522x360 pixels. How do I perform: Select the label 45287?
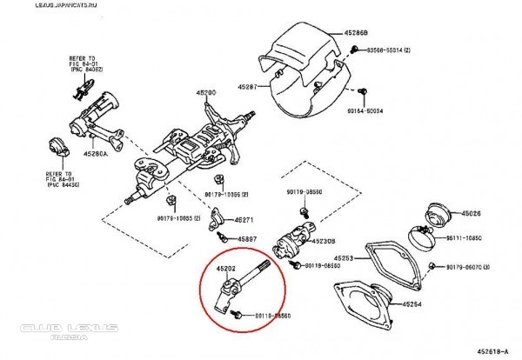[247, 88]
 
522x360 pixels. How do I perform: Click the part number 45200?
[205, 91]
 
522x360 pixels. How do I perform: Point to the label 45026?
[472, 213]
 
